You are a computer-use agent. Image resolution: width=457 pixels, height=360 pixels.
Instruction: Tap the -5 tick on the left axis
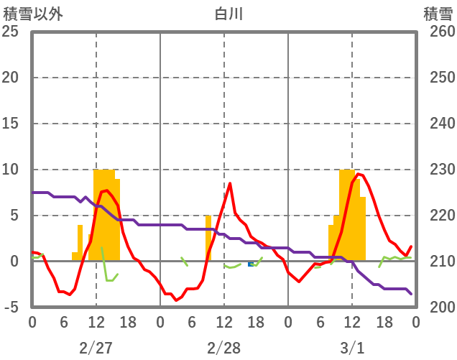[10, 308]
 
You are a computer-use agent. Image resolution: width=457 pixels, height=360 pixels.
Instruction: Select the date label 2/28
[224, 348]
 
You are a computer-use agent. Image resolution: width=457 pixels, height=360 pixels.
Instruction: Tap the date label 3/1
[352, 348]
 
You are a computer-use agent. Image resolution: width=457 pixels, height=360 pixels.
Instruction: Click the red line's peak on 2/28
[230, 183]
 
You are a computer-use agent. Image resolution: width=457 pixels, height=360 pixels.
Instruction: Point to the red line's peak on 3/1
[358, 174]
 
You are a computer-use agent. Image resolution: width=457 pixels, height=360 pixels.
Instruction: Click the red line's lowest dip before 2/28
[176, 300]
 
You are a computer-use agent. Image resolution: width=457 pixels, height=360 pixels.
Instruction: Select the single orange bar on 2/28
[208, 238]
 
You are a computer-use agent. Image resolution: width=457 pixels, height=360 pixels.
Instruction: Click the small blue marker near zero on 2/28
[251, 264]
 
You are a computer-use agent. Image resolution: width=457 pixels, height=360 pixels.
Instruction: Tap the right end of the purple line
[411, 293]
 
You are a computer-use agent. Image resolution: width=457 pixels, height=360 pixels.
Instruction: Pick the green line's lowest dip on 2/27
[109, 280]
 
